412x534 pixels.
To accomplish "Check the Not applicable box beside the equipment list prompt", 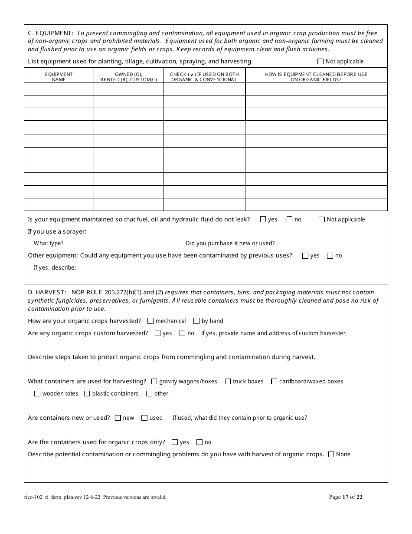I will pyautogui.click(x=320, y=62).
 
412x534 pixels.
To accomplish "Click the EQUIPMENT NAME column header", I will pyautogui.click(x=59, y=77).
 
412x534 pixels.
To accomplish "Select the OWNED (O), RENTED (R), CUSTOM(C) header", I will pyautogui.click(x=128, y=77).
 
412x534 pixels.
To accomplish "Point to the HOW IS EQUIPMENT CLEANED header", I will pyautogui.click(x=316, y=77).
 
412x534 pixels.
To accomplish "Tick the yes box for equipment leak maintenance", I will pyautogui.click(x=263, y=220).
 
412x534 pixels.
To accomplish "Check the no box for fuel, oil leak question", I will pyautogui.click(x=289, y=220).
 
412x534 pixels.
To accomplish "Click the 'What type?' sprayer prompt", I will pyautogui.click(x=49, y=244).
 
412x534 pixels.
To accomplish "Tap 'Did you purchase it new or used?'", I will pyautogui.click(x=230, y=244).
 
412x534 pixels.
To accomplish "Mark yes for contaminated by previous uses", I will pyautogui.click(x=305, y=256).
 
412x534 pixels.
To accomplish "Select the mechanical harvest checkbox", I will pyautogui.click(x=150, y=321).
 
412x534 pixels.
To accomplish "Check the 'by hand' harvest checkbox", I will pyautogui.click(x=196, y=321).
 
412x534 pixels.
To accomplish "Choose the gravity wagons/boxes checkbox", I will pyautogui.click(x=154, y=382).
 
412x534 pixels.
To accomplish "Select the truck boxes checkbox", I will pyautogui.click(x=228, y=382).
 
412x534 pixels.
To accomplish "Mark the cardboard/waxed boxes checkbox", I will pyautogui.click(x=274, y=382).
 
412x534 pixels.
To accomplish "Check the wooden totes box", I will pyautogui.click(x=37, y=394).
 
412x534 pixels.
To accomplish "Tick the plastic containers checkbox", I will pyautogui.click(x=87, y=394).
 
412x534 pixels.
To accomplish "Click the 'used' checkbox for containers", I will pyautogui.click(x=144, y=418).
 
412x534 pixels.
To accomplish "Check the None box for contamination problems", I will pyautogui.click(x=331, y=455).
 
